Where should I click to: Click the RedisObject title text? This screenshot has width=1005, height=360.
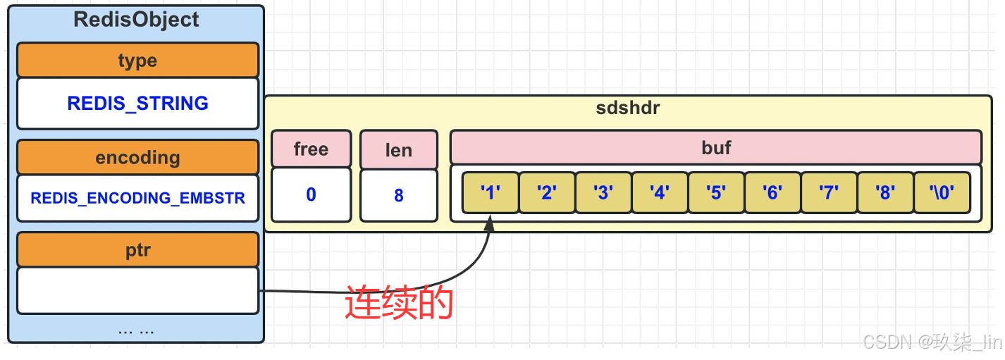pyautogui.click(x=137, y=20)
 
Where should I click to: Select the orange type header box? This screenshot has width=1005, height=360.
pyautogui.click(x=137, y=61)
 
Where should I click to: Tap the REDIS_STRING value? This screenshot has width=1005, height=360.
pyautogui.click(x=137, y=104)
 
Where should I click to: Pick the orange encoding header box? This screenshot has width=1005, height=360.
pyautogui.click(x=137, y=157)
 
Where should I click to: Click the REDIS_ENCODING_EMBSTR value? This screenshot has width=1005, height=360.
pyautogui.click(x=137, y=198)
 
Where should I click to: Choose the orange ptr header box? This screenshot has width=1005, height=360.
pyautogui.click(x=137, y=250)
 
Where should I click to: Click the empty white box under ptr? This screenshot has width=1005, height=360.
pyautogui.click(x=137, y=290)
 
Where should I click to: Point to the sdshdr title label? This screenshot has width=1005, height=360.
pyautogui.click(x=627, y=109)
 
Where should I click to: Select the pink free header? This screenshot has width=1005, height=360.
pyautogui.click(x=311, y=149)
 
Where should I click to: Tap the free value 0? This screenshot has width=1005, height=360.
pyautogui.click(x=311, y=194)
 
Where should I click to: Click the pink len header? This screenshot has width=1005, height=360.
pyautogui.click(x=398, y=149)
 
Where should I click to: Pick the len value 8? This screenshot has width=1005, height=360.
pyautogui.click(x=398, y=195)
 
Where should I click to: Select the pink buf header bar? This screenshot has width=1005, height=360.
pyautogui.click(x=715, y=147)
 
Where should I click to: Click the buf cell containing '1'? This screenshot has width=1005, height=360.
pyautogui.click(x=491, y=192)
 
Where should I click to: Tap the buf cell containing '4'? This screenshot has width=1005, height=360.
pyautogui.click(x=660, y=192)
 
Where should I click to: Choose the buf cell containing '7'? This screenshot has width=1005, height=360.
pyautogui.click(x=829, y=192)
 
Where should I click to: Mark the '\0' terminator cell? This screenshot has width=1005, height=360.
pyautogui.click(x=942, y=192)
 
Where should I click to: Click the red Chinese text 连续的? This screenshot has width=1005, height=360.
pyautogui.click(x=398, y=304)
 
